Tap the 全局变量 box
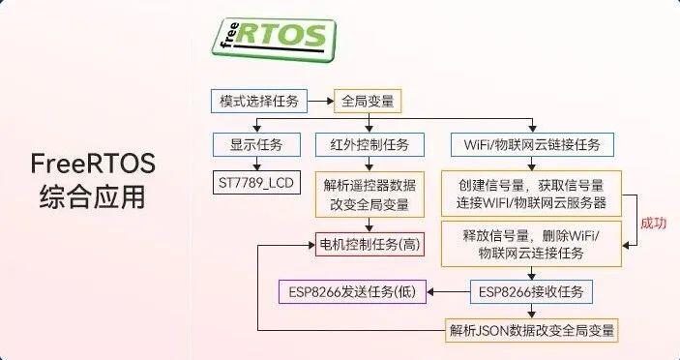(x=368, y=101)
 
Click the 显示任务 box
(x=255, y=145)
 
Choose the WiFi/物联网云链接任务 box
(x=532, y=145)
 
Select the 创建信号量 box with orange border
(x=531, y=192)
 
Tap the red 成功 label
(x=654, y=223)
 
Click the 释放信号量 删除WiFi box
(x=531, y=244)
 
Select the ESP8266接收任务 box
(x=532, y=291)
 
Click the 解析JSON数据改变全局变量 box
(x=532, y=329)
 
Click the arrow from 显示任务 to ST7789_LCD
(x=255, y=163)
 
